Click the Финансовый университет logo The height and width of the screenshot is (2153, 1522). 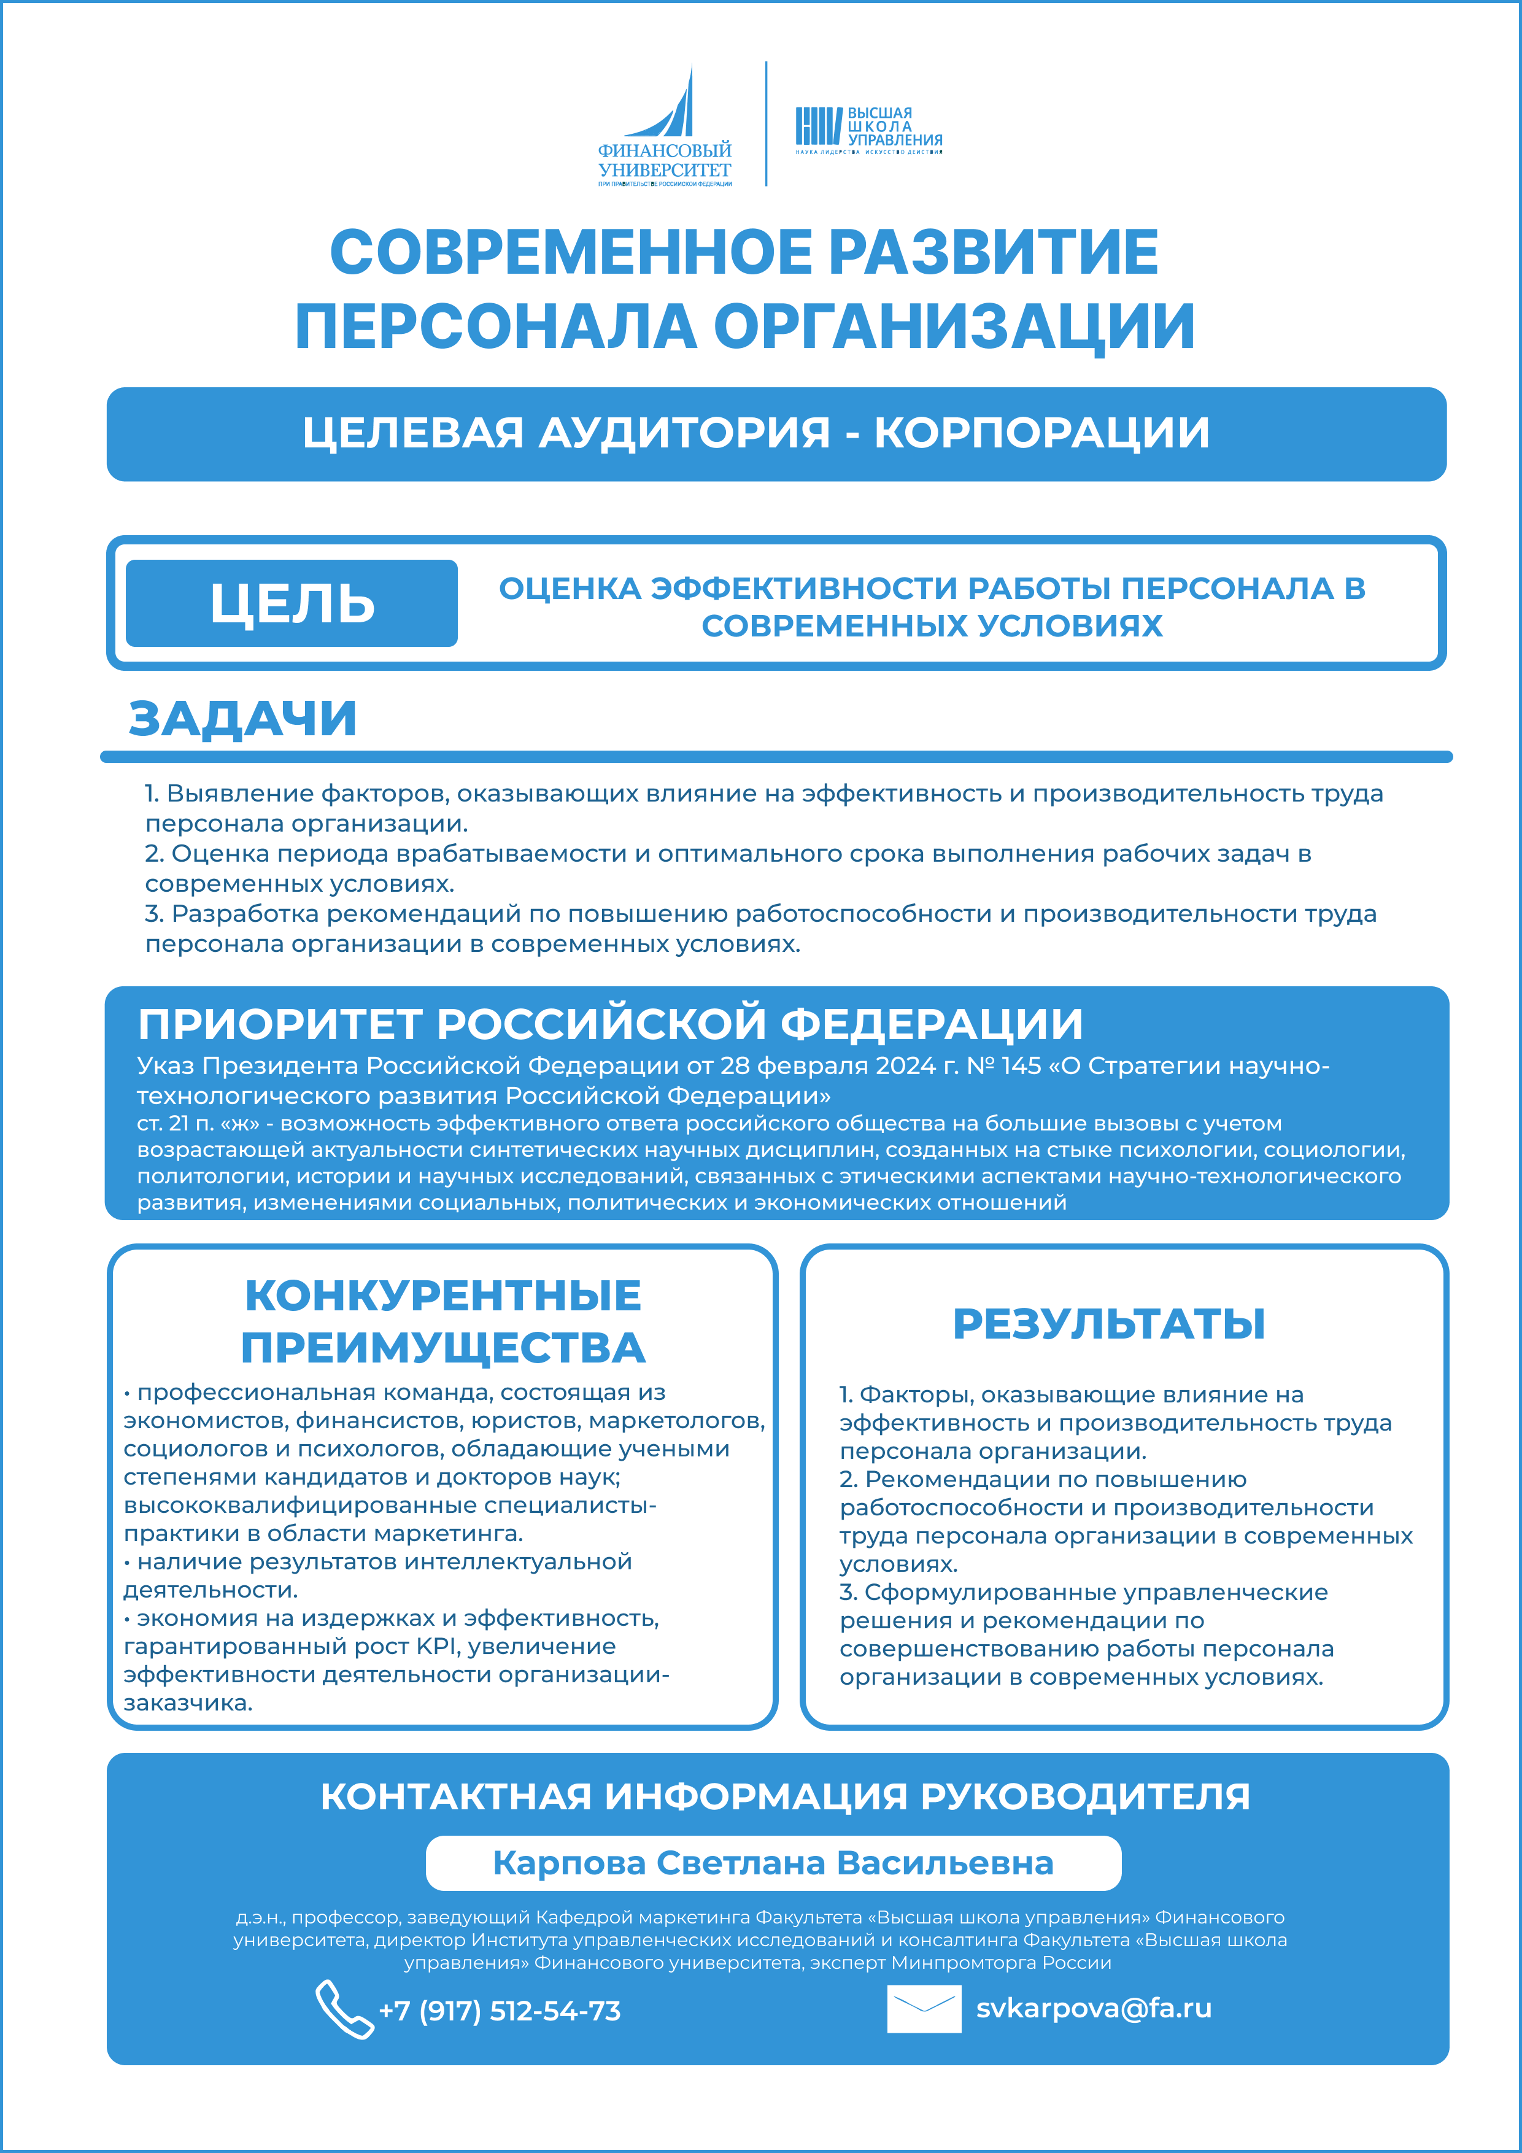point(665,126)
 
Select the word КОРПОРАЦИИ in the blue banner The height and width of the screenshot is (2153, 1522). point(1042,433)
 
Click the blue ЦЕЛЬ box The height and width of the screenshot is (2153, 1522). point(292,603)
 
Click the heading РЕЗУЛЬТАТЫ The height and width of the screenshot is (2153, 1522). point(1108,1323)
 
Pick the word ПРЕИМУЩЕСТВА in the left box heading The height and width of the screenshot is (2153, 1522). point(442,1348)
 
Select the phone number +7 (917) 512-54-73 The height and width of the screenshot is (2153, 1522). point(499,2011)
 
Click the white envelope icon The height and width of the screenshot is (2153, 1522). point(924,2009)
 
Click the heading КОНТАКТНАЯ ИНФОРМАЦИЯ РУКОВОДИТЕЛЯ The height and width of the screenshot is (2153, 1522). point(785,1796)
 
